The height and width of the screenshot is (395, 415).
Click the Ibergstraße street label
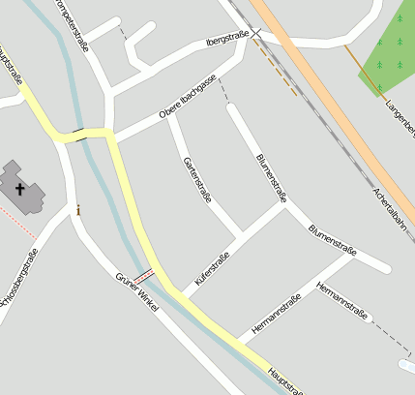pos(227,40)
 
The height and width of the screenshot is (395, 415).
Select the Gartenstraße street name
pos(196,177)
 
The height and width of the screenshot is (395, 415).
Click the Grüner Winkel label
pos(136,291)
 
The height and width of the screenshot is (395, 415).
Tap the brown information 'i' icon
pos(78,208)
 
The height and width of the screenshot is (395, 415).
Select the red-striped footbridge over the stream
pos(144,276)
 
